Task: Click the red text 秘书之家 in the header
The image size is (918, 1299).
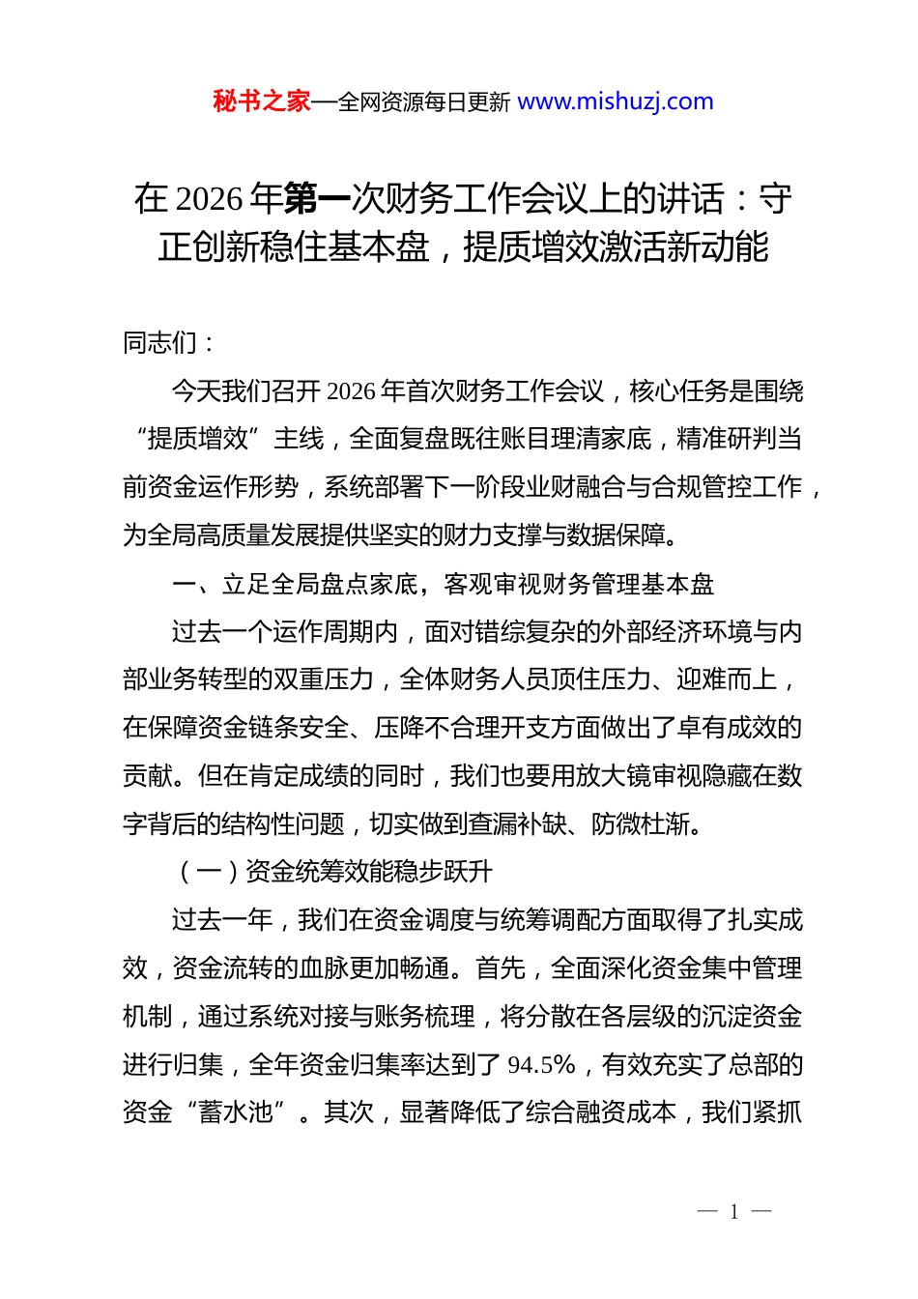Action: [x=261, y=101]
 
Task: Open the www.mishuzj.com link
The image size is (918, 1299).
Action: [x=616, y=101]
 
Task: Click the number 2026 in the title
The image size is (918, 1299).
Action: [x=209, y=199]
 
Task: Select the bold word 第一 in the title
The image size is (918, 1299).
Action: [x=317, y=199]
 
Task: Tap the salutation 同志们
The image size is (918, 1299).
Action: [x=160, y=343]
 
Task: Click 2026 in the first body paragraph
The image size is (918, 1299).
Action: [x=351, y=391]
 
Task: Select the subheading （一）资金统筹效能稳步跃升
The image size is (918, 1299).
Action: [x=333, y=872]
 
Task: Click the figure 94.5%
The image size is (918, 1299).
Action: [x=542, y=1065]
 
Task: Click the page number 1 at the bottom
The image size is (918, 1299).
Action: [x=734, y=1212]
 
